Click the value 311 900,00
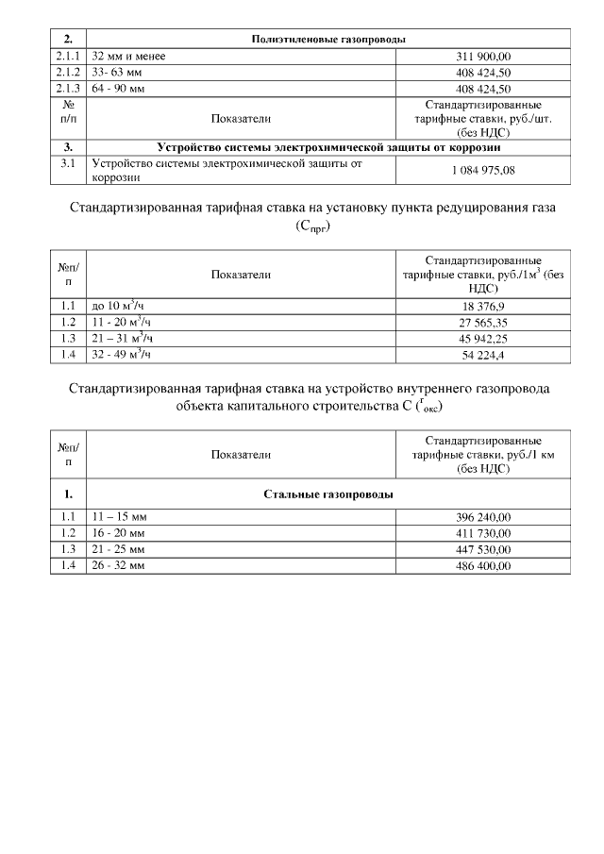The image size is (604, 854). coord(483,57)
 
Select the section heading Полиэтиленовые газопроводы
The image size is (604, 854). coord(328,40)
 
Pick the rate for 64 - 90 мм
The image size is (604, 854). coord(483,89)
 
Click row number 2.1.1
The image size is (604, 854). coord(69,57)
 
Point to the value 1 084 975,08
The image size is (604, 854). coord(483,170)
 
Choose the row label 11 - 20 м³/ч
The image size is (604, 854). coord(122,322)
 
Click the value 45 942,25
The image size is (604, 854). coord(483,339)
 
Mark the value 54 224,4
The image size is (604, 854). coord(483,355)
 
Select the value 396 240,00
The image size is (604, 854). coord(483,518)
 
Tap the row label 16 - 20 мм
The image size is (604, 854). coord(118,533)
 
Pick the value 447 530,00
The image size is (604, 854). coord(483,549)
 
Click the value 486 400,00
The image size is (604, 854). coord(483,565)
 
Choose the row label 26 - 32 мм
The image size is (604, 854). coord(118,565)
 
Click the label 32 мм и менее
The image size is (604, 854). coord(128,57)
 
